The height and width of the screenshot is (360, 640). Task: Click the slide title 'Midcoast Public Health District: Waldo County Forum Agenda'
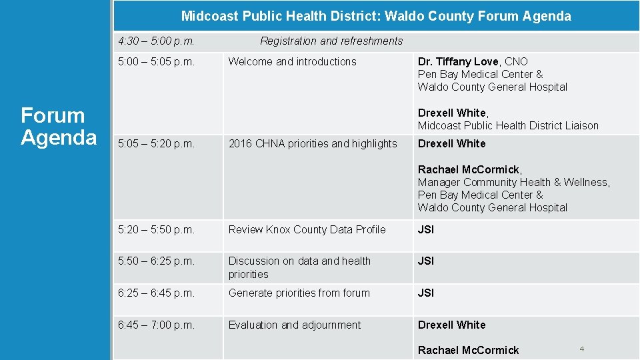(x=376, y=16)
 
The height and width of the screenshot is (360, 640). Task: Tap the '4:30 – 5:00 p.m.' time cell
(x=156, y=41)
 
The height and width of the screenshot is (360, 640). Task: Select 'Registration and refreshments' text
(x=331, y=41)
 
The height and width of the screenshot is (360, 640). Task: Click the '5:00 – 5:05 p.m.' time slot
(x=156, y=61)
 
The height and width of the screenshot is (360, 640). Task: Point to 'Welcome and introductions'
(x=292, y=61)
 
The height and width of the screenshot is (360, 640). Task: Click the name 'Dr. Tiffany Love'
(x=458, y=61)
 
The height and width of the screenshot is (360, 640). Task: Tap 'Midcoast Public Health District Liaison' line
(x=508, y=125)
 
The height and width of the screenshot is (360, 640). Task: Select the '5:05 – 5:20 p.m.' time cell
(x=156, y=143)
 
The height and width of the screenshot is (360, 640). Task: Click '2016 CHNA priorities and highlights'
(x=313, y=143)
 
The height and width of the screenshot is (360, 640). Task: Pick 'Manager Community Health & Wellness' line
(x=513, y=182)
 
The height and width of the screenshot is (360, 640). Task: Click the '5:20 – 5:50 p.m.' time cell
(x=156, y=229)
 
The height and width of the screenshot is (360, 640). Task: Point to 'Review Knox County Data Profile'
(x=307, y=229)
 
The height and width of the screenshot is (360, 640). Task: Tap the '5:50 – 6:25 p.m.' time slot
(x=156, y=261)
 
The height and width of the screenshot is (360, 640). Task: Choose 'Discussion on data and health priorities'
(x=299, y=267)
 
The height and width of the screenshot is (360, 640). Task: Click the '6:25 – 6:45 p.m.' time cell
(x=156, y=293)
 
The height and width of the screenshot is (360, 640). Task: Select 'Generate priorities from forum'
(x=299, y=293)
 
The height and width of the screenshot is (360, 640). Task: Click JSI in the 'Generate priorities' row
(x=425, y=293)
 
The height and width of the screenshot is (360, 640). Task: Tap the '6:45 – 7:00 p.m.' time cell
(x=156, y=325)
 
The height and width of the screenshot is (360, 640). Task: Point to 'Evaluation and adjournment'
(x=294, y=325)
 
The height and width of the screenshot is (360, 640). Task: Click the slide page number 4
(x=582, y=349)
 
